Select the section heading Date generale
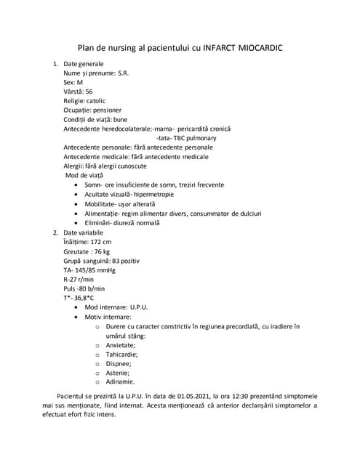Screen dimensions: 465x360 tap(84, 65)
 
